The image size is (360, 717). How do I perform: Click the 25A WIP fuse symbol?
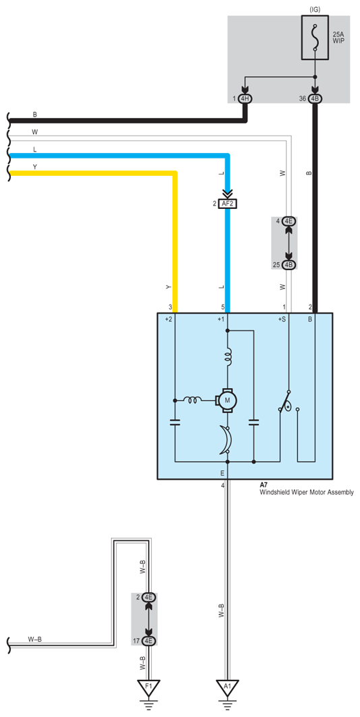pyautogui.click(x=314, y=38)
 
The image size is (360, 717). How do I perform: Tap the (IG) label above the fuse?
pyautogui.click(x=315, y=9)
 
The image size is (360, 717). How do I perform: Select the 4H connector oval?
pyautogui.click(x=245, y=99)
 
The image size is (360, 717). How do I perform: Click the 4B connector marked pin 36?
pyautogui.click(x=315, y=99)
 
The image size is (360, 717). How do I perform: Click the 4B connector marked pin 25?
pyautogui.click(x=288, y=265)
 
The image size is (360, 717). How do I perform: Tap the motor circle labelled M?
pyautogui.click(x=227, y=400)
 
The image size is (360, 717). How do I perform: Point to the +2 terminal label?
pyautogui.click(x=169, y=319)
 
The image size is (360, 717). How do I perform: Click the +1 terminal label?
pyautogui.click(x=220, y=319)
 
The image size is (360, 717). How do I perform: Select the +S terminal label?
pyautogui.click(x=282, y=319)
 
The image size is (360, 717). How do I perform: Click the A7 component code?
pyautogui.click(x=264, y=485)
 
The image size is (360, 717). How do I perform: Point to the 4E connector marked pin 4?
pyautogui.click(x=288, y=221)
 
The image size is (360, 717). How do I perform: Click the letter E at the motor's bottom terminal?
pyautogui.click(x=222, y=473)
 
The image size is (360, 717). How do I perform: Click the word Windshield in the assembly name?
pyautogui.click(x=274, y=493)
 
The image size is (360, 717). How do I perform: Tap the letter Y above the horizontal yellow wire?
pyautogui.click(x=35, y=167)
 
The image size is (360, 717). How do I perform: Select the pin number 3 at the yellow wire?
pyautogui.click(x=170, y=307)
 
